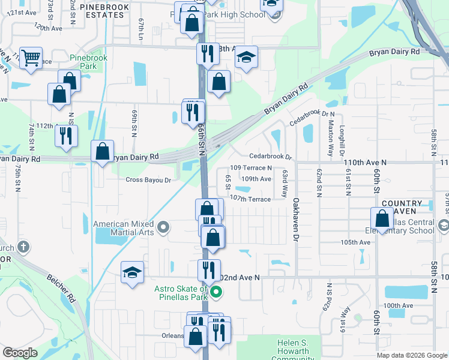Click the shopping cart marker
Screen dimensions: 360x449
(31, 58)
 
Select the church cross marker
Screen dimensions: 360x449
(22, 247)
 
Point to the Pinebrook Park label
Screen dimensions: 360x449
(83, 62)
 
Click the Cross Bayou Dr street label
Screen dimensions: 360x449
(148, 179)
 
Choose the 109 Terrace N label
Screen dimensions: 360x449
(252, 168)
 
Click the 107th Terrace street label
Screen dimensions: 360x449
(250, 199)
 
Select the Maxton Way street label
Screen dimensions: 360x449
(330, 136)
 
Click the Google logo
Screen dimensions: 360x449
(20, 353)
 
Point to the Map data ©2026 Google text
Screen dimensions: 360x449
(412, 355)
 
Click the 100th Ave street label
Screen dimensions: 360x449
(399, 305)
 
